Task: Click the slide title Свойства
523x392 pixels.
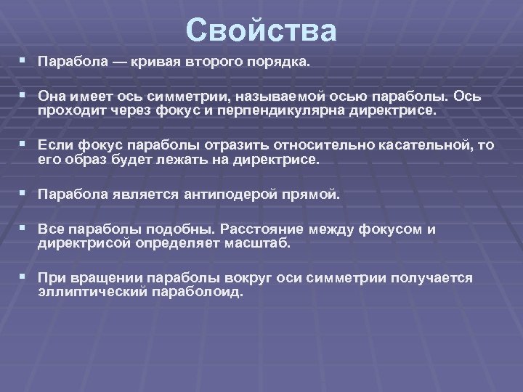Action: pos(261,31)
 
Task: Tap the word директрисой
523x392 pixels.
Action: pos(84,243)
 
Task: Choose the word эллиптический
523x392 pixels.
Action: pos(93,292)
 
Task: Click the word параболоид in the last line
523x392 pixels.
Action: pos(198,292)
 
